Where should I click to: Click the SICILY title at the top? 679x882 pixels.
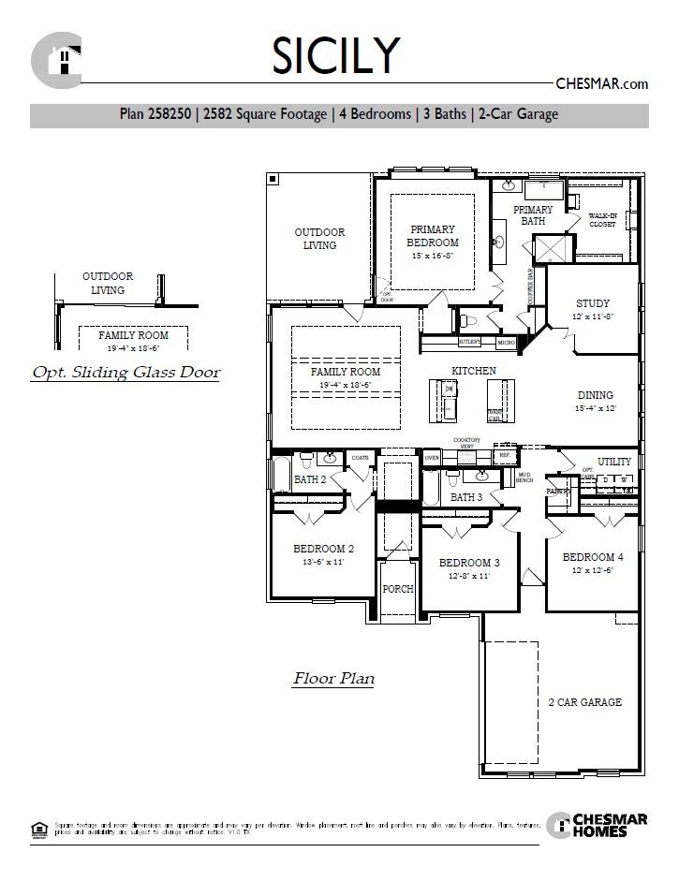pyautogui.click(x=336, y=56)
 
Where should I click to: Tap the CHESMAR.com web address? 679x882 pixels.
pyautogui.click(x=601, y=83)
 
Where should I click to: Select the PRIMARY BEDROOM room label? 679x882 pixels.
pyautogui.click(x=432, y=236)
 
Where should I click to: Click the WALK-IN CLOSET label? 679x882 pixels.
pyautogui.click(x=602, y=220)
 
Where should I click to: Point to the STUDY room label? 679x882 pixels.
pyautogui.click(x=592, y=303)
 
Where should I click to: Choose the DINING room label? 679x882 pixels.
pyautogui.click(x=595, y=395)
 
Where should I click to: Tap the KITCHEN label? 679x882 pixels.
pyautogui.click(x=474, y=371)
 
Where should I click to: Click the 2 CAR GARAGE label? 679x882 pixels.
pyautogui.click(x=584, y=702)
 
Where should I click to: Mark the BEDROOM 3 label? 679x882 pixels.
pyautogui.click(x=469, y=563)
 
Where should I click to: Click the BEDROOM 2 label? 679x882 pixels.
pyautogui.click(x=323, y=549)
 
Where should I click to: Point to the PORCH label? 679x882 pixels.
pyautogui.click(x=398, y=589)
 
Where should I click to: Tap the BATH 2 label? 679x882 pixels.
pyautogui.click(x=309, y=479)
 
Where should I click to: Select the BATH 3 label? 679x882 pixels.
pyautogui.click(x=465, y=497)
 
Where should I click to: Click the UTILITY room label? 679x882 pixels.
pyautogui.click(x=614, y=462)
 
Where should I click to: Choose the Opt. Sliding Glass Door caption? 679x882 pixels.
pyautogui.click(x=126, y=373)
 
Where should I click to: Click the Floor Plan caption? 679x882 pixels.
pyautogui.click(x=333, y=678)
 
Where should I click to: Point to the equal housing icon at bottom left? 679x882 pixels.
pyautogui.click(x=38, y=828)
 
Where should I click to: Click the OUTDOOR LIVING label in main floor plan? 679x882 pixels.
pyautogui.click(x=319, y=239)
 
